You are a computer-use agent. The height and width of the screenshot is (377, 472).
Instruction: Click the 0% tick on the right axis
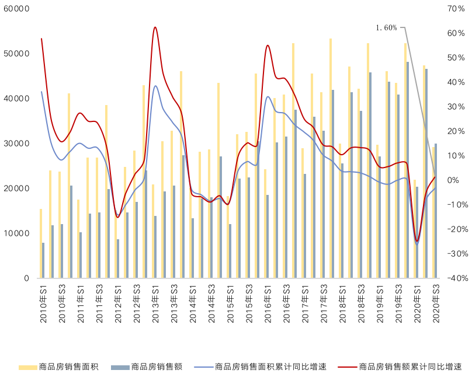453,180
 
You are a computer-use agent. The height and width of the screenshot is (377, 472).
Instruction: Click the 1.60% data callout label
386,27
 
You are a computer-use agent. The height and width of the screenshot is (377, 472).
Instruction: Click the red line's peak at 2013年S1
155,27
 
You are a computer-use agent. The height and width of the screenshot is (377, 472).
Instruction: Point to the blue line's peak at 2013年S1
155,86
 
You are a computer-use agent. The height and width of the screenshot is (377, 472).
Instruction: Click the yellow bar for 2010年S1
40,243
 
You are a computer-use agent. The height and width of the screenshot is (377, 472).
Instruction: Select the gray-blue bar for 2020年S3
436,211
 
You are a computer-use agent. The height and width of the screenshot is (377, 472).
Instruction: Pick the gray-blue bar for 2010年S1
43,260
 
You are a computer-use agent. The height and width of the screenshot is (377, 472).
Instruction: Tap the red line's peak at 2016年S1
268,45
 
